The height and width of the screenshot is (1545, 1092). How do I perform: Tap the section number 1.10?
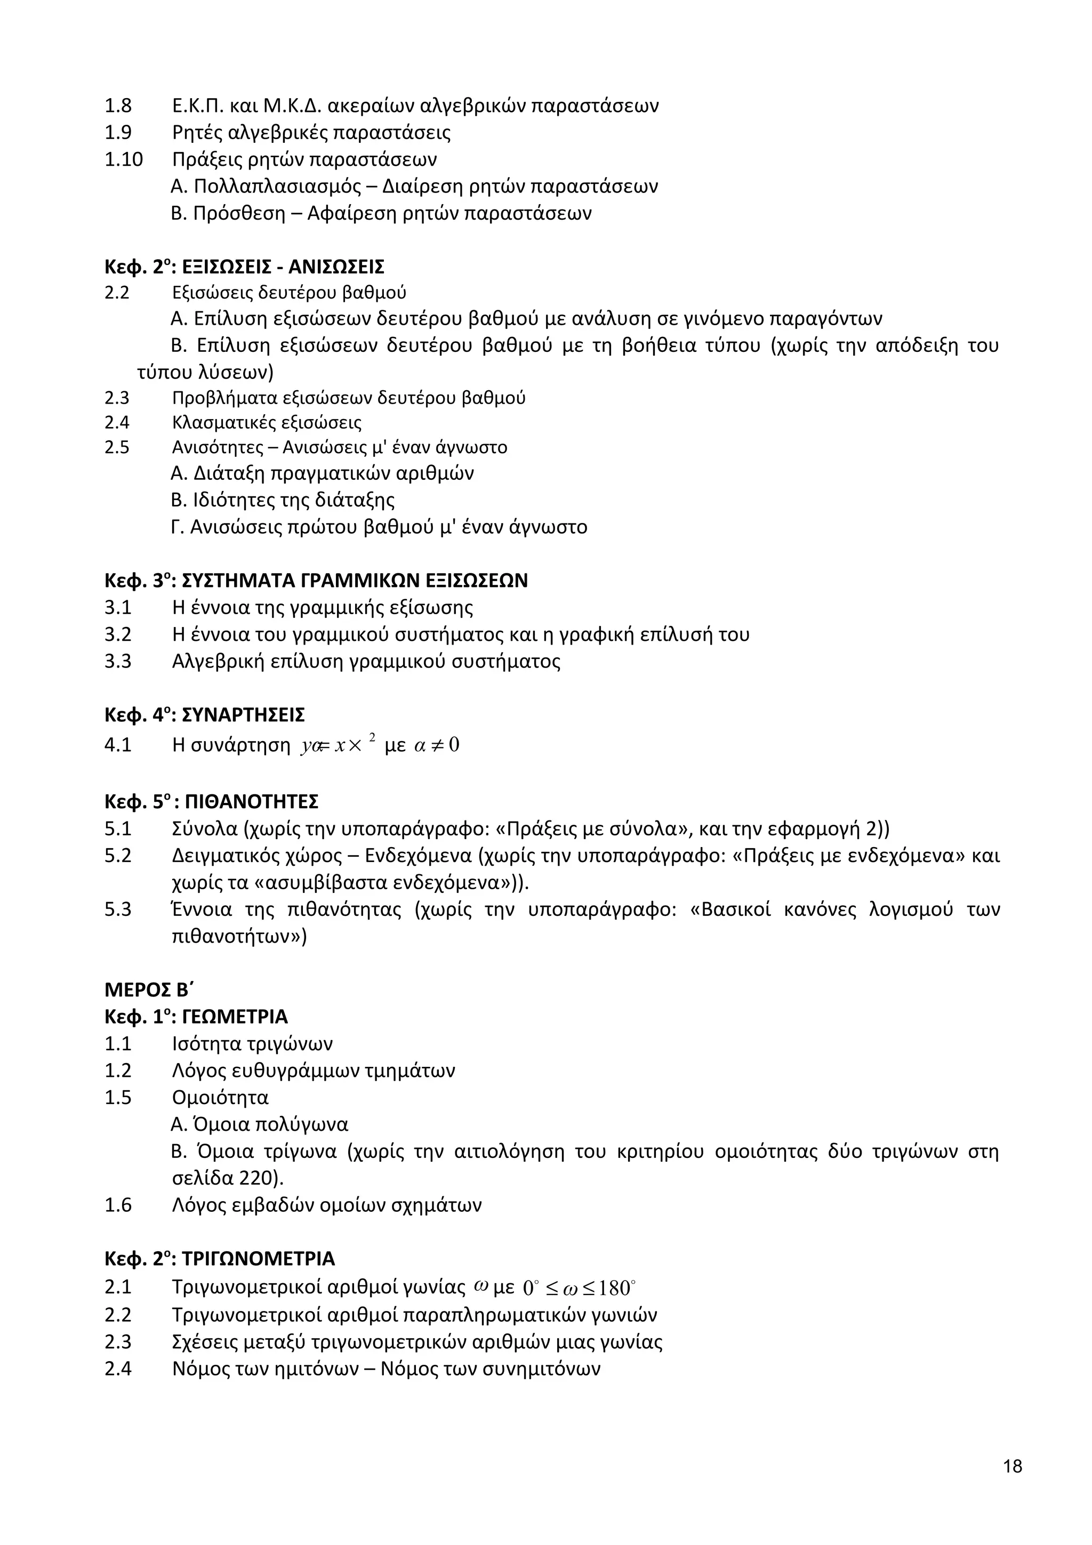pos(124,159)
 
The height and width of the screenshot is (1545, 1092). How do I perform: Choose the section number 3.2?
pos(118,634)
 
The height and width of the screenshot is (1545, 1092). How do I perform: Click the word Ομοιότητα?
pos(220,1098)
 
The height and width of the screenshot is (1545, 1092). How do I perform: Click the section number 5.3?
pos(118,910)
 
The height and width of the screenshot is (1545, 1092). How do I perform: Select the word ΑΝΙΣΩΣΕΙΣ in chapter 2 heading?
pos(336,267)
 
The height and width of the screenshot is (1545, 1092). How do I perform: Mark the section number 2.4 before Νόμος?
pos(118,1369)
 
